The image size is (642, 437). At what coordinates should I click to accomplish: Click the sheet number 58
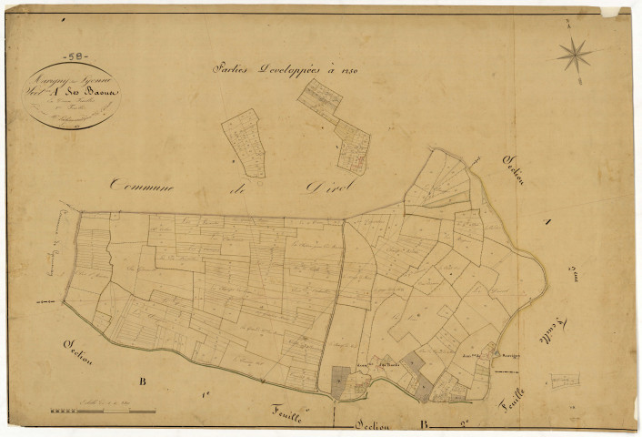point(67,56)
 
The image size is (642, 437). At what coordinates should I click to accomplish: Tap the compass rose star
point(574,56)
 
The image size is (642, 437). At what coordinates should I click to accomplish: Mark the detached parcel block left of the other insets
point(246,142)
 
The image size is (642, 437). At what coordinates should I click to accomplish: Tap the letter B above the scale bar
point(141,380)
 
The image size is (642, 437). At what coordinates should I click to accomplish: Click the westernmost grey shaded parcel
point(340,380)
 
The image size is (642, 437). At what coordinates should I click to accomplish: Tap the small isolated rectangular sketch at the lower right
point(564,378)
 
